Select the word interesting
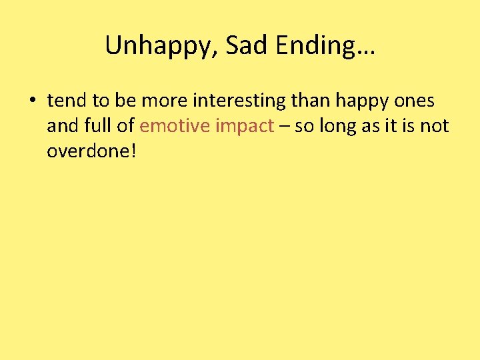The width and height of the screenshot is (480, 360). point(249,101)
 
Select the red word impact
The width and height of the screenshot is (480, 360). point(247,126)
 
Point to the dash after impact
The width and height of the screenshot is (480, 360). point(285,127)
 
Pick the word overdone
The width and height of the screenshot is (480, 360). point(87,151)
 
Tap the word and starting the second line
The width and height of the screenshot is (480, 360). point(61,126)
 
